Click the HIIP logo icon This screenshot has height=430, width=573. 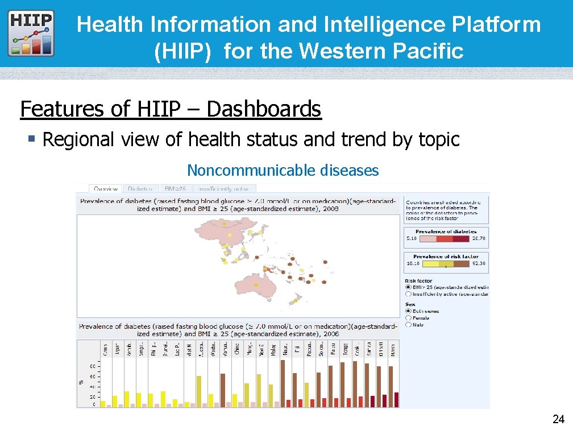(31, 33)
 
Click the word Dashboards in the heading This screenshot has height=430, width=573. (264, 109)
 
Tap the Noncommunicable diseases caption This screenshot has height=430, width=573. (283, 170)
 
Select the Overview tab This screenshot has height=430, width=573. (105, 189)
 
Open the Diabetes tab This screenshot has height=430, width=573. (140, 189)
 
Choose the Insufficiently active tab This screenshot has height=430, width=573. (225, 189)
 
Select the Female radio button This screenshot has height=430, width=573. (409, 318)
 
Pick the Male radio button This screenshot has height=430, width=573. (409, 325)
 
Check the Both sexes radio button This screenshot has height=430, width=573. (409, 311)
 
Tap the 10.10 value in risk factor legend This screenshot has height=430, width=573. (413, 263)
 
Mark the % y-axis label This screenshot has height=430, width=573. (81, 382)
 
